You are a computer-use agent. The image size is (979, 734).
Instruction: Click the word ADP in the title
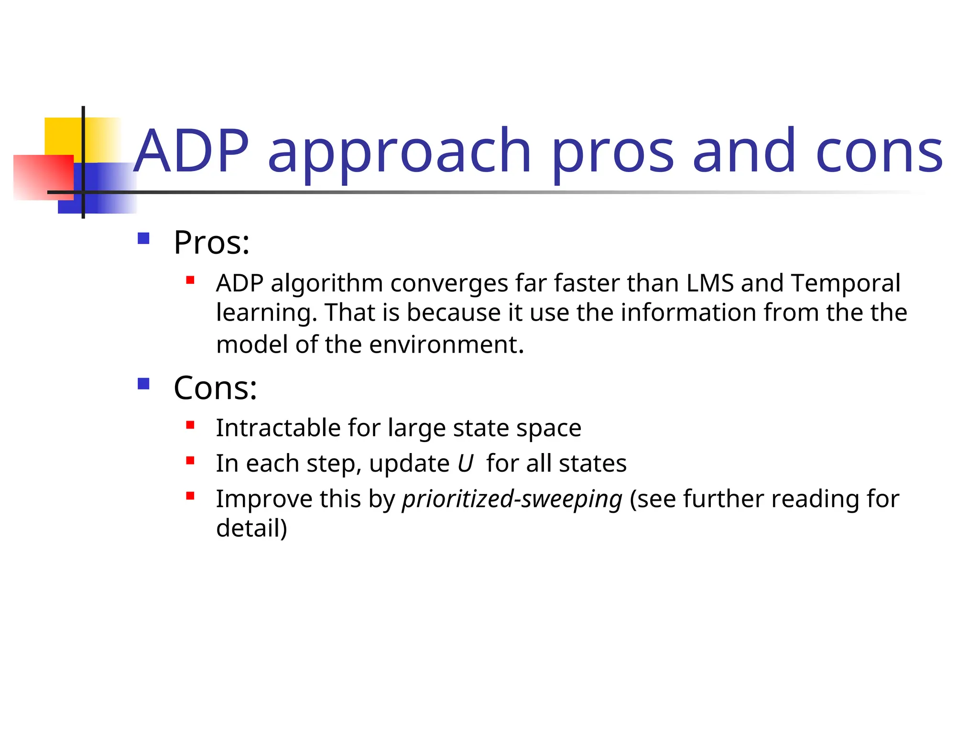(191, 152)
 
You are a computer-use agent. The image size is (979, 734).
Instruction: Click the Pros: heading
(211, 243)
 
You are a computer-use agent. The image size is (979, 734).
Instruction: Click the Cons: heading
(215, 388)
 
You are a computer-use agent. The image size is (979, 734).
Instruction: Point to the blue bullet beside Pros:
(143, 238)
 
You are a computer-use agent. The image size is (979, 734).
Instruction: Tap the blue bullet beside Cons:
(143, 384)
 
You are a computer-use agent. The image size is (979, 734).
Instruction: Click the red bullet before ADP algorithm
(190, 281)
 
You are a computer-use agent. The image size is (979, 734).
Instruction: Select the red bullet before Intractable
(190, 425)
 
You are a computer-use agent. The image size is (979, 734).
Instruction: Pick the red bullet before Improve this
(190, 496)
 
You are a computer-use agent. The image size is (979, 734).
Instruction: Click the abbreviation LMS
(710, 283)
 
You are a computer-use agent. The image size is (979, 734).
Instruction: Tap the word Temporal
(845, 283)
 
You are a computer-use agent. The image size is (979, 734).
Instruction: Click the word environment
(446, 345)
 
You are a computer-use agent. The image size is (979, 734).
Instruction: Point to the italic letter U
(465, 464)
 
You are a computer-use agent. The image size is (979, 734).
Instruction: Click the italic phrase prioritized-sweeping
(512, 499)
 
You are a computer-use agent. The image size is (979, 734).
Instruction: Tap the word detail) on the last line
(251, 528)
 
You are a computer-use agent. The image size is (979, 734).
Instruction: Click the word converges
(449, 283)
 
